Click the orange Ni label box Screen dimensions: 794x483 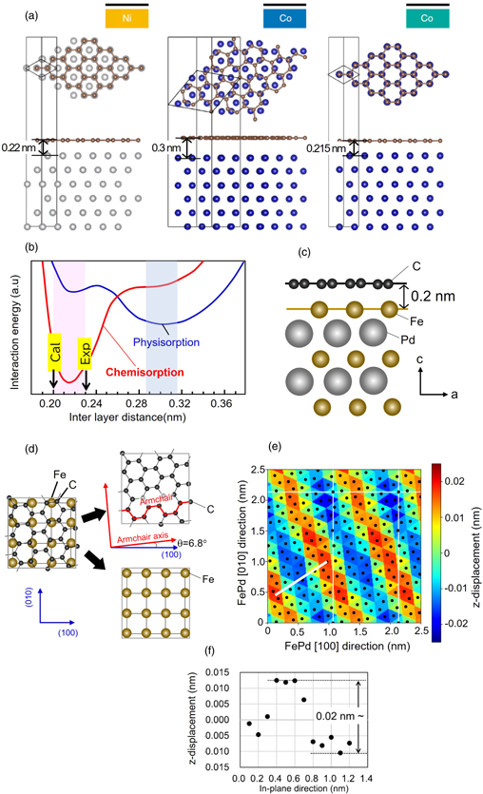tap(127, 18)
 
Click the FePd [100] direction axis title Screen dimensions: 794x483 tap(337, 645)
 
